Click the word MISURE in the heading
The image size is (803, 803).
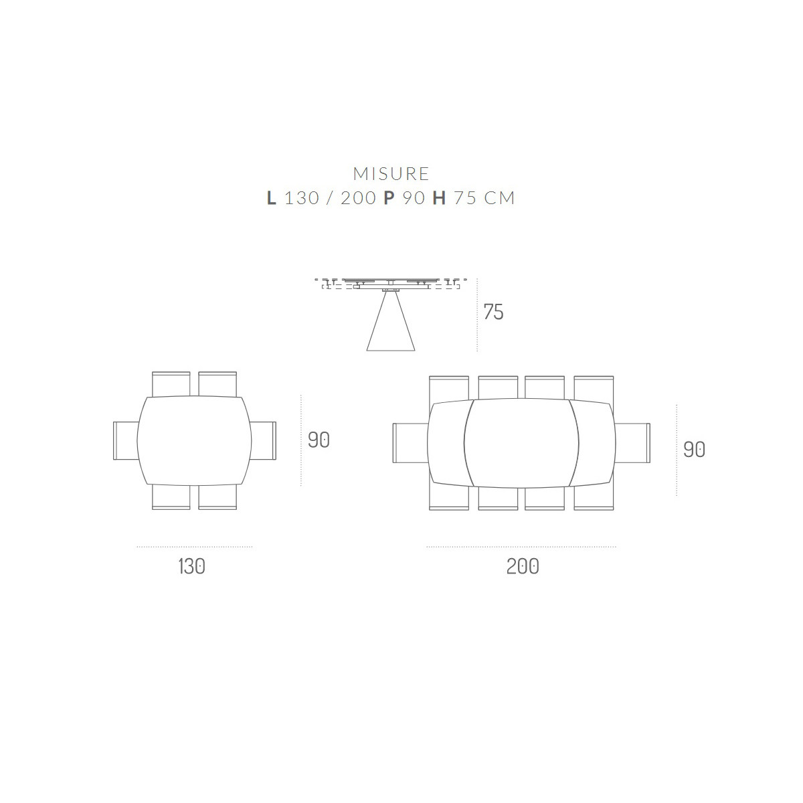(x=391, y=174)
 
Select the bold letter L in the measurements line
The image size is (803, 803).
(x=271, y=198)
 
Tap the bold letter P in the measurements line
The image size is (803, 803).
(x=389, y=198)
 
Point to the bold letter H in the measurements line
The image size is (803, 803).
(x=439, y=198)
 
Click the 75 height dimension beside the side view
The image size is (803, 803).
(x=493, y=312)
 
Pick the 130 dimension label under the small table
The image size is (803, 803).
(x=191, y=567)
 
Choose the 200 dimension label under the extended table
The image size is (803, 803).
(x=523, y=567)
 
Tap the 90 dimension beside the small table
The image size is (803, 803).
(x=319, y=440)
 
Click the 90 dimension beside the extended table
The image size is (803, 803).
(x=694, y=450)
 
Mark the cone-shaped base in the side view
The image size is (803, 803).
(x=391, y=321)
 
